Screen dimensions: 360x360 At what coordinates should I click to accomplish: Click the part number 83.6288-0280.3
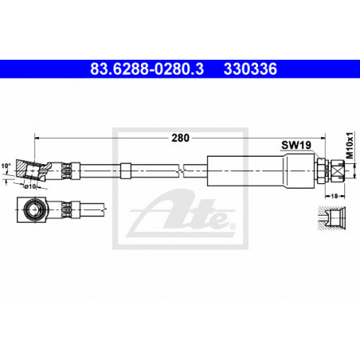[x=147, y=68]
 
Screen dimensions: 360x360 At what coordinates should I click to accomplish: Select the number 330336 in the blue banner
[x=250, y=68]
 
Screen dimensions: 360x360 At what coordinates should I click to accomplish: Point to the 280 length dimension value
[x=180, y=138]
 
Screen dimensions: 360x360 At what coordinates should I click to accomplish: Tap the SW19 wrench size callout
[x=296, y=145]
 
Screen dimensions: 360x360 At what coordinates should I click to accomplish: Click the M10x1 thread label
[x=351, y=145]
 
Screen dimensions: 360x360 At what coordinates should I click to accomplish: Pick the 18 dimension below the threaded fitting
[x=335, y=196]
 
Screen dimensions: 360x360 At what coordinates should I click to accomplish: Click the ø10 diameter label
[x=30, y=186]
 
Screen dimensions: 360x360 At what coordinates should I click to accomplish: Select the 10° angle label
[x=6, y=166]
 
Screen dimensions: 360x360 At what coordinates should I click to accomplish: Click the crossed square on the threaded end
[x=338, y=170]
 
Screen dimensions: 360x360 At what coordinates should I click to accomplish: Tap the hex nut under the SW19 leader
[x=321, y=170]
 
